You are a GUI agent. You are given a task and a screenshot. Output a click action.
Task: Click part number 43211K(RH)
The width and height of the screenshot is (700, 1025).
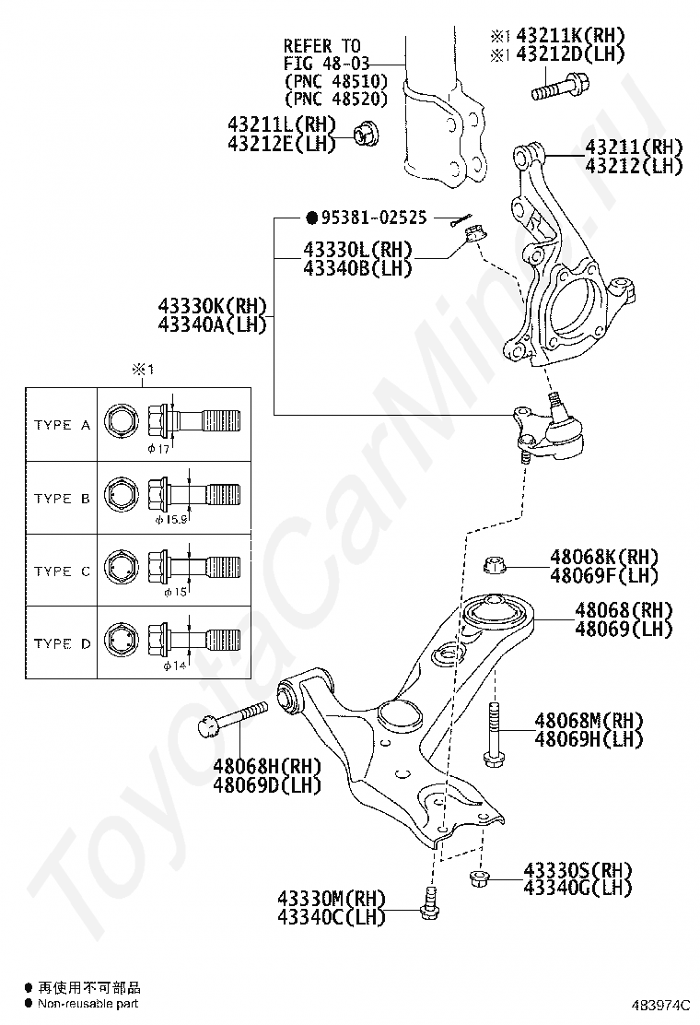pos(569,36)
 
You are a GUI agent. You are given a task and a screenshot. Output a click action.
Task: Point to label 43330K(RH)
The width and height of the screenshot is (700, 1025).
pos(212,306)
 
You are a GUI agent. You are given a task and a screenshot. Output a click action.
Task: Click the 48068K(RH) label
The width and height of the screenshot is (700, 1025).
pos(604,557)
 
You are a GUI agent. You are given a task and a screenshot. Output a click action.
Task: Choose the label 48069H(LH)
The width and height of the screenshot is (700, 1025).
pos(589,739)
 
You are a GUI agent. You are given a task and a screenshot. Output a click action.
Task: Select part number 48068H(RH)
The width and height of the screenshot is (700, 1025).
pos(267,766)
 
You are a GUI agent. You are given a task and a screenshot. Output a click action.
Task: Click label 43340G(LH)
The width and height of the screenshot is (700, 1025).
pos(577,888)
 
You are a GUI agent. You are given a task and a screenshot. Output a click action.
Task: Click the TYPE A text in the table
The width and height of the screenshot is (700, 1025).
pos(62,425)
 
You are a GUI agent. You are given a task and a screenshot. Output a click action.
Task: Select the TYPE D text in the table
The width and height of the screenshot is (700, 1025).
pos(62,643)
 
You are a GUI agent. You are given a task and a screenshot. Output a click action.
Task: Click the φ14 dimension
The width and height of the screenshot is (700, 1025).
pos(175,665)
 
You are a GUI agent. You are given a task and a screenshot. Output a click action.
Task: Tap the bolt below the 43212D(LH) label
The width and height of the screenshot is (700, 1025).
pos(555,90)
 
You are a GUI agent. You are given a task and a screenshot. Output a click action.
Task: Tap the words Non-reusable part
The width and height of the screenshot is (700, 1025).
pos(87,1003)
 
